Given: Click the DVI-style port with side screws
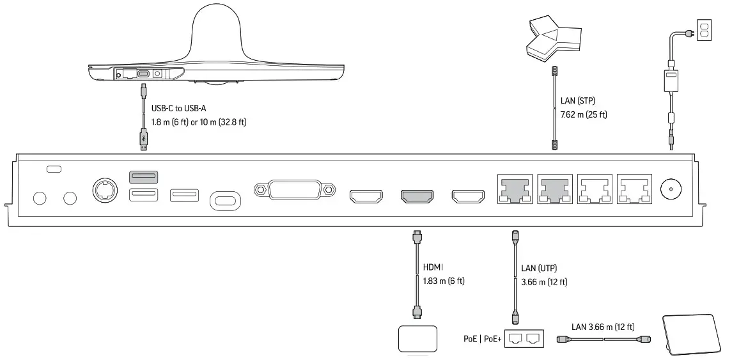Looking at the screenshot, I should tap(295, 190).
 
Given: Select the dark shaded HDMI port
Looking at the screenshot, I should tap(417, 196).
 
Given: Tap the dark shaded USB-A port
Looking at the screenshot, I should tap(145, 176).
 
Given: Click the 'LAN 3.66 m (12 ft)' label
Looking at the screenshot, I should tap(604, 327).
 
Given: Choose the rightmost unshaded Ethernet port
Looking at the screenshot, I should tap(635, 189).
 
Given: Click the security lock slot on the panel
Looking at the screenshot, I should tap(54, 169).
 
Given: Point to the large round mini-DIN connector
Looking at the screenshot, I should tap(104, 190).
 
